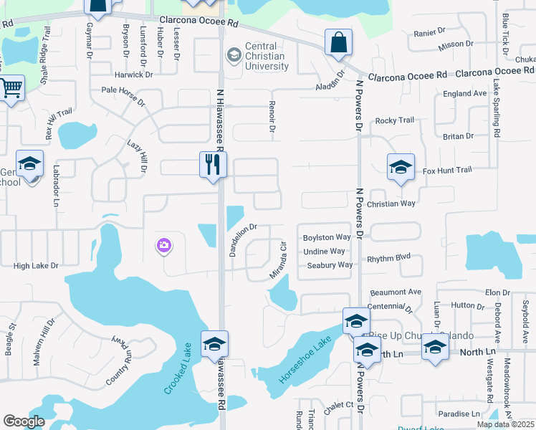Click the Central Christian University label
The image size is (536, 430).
coord(266,57)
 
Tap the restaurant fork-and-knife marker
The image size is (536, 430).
coord(213,165)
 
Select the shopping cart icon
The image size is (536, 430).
coord(11,89)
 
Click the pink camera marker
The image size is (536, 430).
coord(164,247)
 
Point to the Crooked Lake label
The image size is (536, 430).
coord(176,367)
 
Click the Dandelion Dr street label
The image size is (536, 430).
coord(242,239)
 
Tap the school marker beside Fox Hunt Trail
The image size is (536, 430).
coord(401,168)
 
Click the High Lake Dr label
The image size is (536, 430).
coord(36,266)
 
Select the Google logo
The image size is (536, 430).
coord(24,421)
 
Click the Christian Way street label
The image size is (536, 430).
coord(391,204)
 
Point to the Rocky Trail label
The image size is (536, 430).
coord(395,120)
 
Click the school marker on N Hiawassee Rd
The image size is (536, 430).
coord(214,344)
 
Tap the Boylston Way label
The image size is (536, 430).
coord(327,237)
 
